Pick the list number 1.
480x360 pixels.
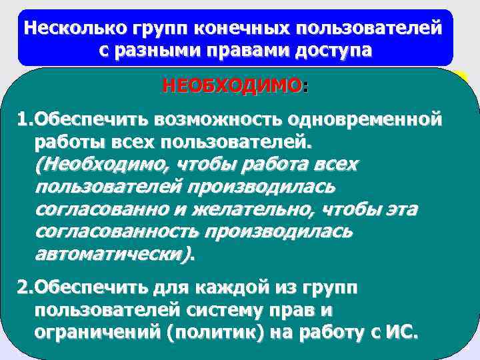pos(24,120)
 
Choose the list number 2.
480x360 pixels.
pos(24,288)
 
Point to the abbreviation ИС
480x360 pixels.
pos(400,332)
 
